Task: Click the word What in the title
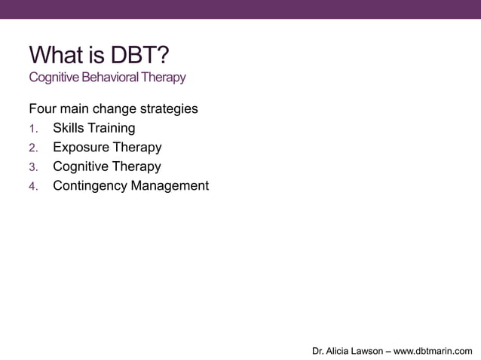point(55,55)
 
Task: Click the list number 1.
point(33,129)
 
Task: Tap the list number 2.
point(33,148)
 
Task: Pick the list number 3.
point(33,167)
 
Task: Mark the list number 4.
point(33,186)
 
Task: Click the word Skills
point(69,128)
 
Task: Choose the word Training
point(112,128)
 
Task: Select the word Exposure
point(80,147)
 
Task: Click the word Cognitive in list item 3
point(81,166)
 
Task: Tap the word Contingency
point(90,185)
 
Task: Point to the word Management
point(170,185)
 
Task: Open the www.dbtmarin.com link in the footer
point(434,350)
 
